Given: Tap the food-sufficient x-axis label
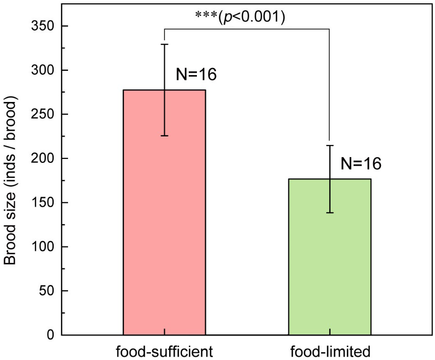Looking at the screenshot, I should click(x=164, y=351).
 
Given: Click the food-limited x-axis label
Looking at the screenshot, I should click(x=330, y=351).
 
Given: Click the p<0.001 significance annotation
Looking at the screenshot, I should click(x=240, y=16).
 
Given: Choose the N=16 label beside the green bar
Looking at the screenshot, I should click(x=361, y=164).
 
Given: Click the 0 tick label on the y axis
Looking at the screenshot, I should click(x=50, y=335).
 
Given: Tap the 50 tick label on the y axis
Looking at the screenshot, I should click(x=47, y=291).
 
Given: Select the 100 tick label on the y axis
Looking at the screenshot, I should click(x=44, y=247).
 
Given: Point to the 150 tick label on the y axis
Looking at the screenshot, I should click(x=44, y=203).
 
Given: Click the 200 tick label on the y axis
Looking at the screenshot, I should click(x=44, y=158).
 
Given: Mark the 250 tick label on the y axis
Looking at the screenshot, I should click(x=44, y=114).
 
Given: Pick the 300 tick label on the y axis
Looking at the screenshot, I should click(x=44, y=70).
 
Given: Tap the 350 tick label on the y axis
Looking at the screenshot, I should click(x=44, y=26).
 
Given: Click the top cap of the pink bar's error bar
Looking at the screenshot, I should click(x=164, y=44).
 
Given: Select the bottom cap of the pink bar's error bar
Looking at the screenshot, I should click(x=164, y=136).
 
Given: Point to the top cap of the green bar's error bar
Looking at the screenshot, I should click(x=330, y=146).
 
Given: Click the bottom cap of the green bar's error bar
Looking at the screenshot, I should click(x=330, y=213).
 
